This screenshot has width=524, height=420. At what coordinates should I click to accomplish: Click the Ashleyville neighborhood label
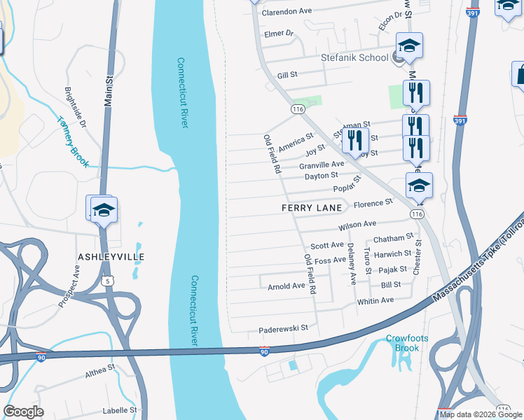point(111,257)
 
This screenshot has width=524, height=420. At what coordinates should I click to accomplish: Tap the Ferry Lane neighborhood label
point(312,208)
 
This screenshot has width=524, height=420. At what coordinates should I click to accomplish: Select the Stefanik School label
point(354,57)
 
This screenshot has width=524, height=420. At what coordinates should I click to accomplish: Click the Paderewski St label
point(284,328)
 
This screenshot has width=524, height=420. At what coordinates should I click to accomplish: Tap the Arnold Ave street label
point(287,286)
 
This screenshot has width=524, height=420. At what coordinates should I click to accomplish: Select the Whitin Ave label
point(375,300)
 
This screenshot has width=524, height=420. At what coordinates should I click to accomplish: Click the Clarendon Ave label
point(287,12)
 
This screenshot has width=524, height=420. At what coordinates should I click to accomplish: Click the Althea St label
point(101,369)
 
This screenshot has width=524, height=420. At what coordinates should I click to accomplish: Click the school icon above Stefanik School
point(410,45)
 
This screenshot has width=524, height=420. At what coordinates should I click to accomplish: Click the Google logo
point(24,412)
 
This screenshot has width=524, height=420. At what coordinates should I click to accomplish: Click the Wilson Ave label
point(357,225)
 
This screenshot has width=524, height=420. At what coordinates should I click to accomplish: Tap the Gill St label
point(288,74)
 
